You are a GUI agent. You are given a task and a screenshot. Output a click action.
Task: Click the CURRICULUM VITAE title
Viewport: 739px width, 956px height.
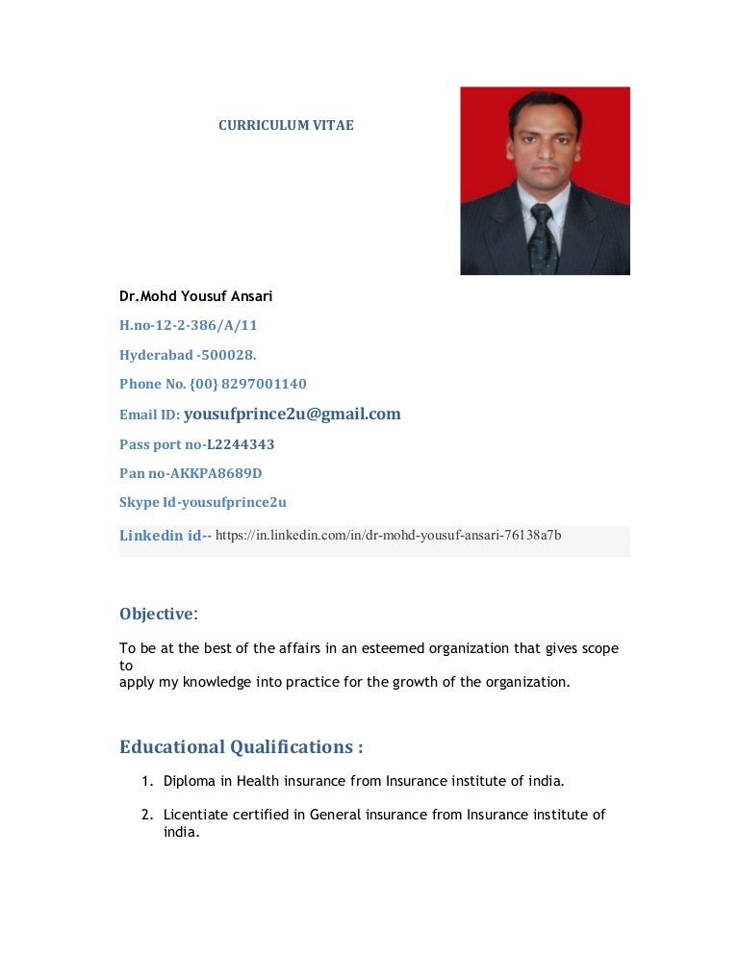pos(286,125)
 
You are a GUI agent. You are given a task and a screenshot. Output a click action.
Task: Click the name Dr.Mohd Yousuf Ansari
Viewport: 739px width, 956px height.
pos(195,295)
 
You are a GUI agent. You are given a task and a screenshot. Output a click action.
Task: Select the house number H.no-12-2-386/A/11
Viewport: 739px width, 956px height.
pos(188,325)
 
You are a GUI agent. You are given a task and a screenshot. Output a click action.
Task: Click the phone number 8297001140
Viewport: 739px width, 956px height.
pos(264,384)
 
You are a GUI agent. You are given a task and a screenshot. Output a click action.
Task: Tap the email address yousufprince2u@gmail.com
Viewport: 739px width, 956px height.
pos(292,415)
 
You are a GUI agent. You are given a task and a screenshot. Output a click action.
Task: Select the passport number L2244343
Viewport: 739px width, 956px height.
pos(241,444)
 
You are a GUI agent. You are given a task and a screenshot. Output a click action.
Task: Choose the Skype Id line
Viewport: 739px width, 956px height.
pos(202,502)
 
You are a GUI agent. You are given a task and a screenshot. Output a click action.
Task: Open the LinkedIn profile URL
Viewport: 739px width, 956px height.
pos(389,535)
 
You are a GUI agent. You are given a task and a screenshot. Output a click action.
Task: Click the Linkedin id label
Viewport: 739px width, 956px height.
pos(165,536)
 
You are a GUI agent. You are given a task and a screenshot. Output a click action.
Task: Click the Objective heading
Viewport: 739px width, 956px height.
pos(156,614)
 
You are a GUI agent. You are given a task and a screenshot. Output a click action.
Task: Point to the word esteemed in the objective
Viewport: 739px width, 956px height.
pos(389,648)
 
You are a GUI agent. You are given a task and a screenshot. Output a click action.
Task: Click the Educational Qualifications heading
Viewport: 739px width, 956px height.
pos(241,747)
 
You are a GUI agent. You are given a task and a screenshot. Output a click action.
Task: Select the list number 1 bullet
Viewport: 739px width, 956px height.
pos(147,780)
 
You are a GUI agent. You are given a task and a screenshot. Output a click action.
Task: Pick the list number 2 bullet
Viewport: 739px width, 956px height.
pos(147,815)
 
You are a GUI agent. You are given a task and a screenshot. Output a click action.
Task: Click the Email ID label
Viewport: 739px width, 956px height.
pos(149,415)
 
